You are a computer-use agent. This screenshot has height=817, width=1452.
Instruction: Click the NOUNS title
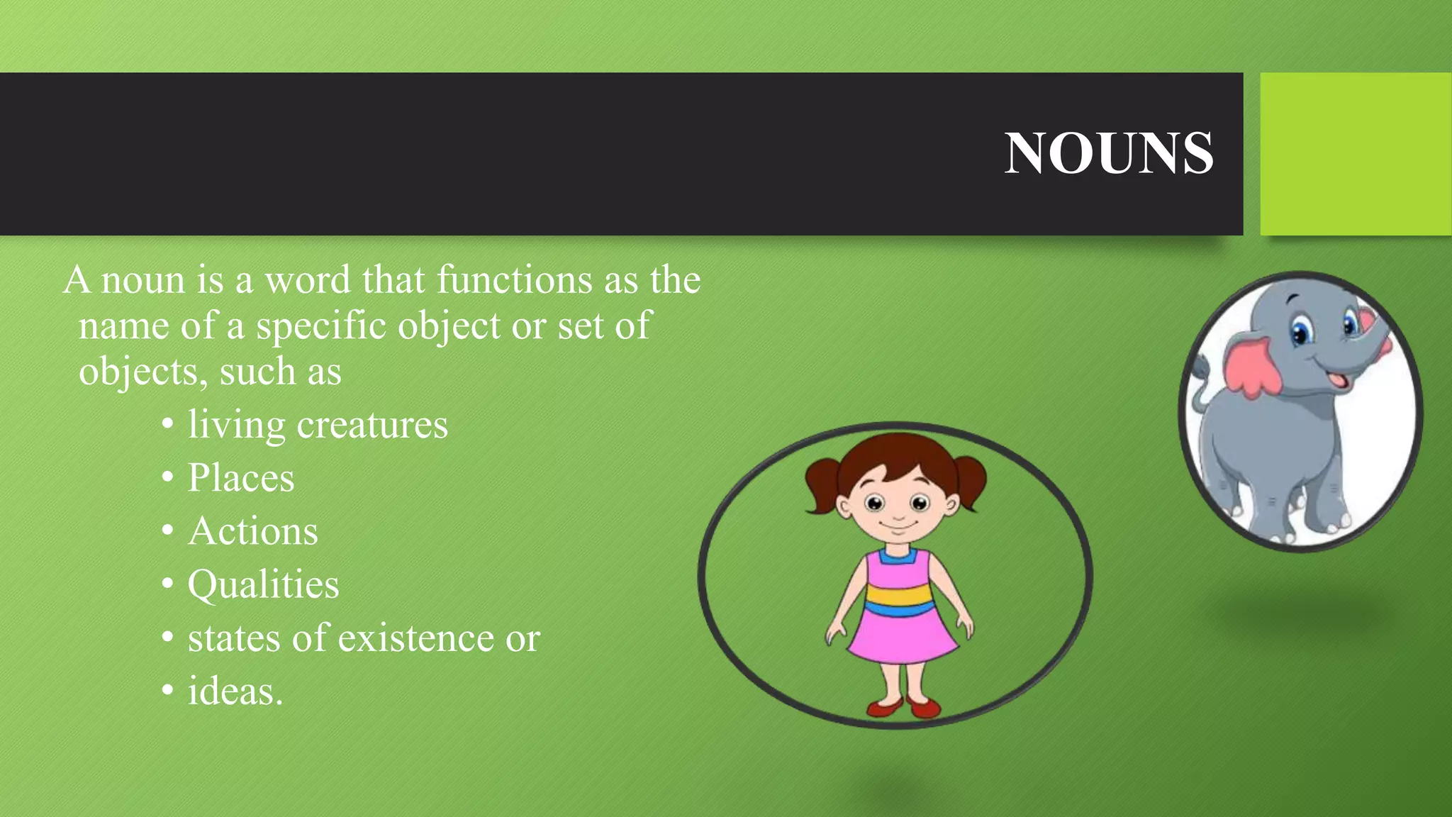pos(1108,153)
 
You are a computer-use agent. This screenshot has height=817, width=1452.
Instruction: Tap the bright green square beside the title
pos(1356,153)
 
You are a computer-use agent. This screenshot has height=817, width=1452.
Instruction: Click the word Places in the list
pos(241,477)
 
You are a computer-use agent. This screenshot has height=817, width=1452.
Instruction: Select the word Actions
pos(253,530)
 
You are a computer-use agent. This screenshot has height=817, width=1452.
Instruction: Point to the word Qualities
pos(263,584)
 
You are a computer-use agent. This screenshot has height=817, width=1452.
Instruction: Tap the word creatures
pos(372,425)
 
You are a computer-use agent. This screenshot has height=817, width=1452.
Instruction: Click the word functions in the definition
pos(514,279)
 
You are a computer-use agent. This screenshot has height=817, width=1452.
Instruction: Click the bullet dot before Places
pos(167,478)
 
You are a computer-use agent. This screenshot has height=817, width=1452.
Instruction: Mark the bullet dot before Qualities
pos(167,584)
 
